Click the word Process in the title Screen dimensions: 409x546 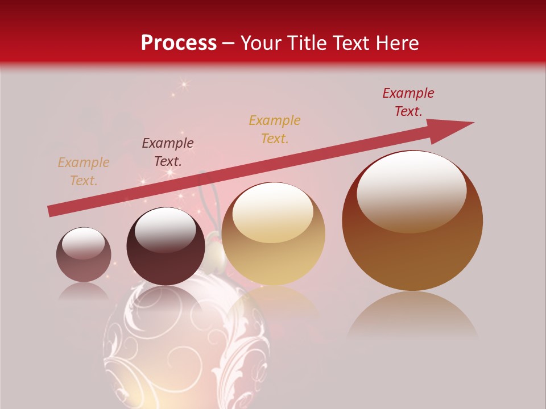click(179, 43)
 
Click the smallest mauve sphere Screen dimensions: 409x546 click(84, 254)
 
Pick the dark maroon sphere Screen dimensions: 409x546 click(166, 246)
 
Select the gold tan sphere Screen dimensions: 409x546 click(273, 233)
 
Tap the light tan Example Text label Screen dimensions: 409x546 click(84, 172)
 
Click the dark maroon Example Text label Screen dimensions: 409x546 click(168, 152)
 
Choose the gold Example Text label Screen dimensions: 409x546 click(275, 130)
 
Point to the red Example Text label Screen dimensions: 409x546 click(408, 102)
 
